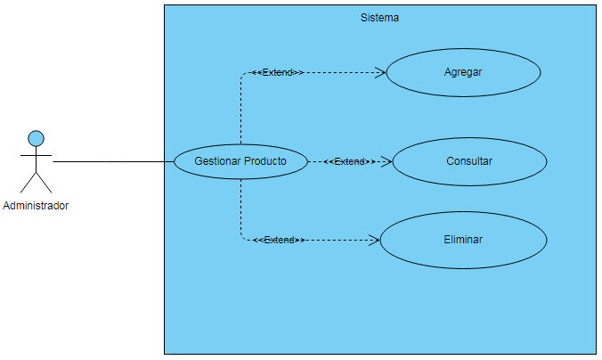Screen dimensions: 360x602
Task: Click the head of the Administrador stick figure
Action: (x=36, y=138)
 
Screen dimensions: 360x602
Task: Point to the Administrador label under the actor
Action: (x=36, y=206)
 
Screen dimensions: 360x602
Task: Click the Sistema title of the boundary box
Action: (x=379, y=17)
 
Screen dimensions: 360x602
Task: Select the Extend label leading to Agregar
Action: (x=278, y=72)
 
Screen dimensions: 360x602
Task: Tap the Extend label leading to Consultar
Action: (x=349, y=162)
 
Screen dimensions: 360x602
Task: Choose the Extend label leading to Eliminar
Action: (x=279, y=240)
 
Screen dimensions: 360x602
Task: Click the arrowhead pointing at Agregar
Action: (x=380, y=72)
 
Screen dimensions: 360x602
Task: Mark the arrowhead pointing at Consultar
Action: (x=387, y=162)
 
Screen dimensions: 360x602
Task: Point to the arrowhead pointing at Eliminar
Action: (x=375, y=240)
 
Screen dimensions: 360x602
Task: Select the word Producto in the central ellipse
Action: (x=264, y=161)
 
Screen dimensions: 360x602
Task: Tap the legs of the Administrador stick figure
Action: (x=36, y=182)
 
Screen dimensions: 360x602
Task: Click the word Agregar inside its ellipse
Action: (x=463, y=72)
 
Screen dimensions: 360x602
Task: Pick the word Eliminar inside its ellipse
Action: (x=463, y=240)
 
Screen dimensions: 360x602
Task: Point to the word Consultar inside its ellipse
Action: (x=469, y=161)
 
